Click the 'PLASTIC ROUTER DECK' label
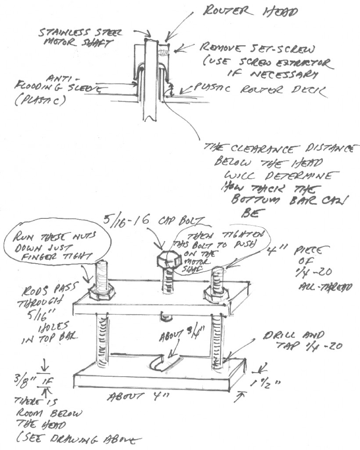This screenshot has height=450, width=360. tap(259, 90)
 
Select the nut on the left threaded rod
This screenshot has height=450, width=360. tap(101, 291)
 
